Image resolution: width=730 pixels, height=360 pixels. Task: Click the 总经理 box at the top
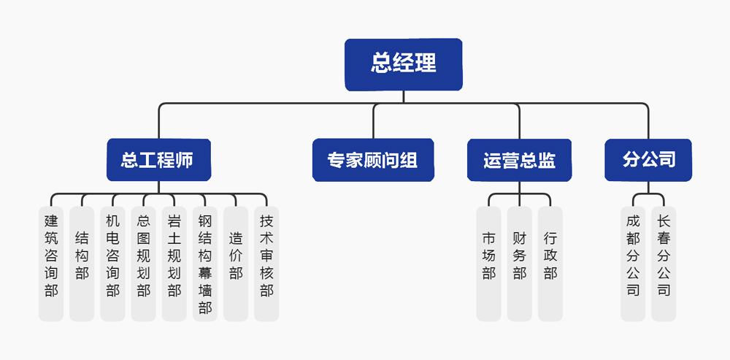click(403, 64)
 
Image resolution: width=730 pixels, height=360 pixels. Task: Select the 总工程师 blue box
click(158, 160)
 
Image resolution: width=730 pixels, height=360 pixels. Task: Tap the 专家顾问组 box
click(372, 160)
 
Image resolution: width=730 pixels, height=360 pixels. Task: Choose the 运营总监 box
click(519, 160)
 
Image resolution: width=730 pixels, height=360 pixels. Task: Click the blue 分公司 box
click(648, 160)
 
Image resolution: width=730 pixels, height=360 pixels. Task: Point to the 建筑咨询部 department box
click(51, 263)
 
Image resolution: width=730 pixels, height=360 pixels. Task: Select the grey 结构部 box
click(82, 263)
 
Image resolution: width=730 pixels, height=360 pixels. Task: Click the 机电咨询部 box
click(112, 263)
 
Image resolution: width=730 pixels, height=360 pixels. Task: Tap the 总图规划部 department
click(143, 263)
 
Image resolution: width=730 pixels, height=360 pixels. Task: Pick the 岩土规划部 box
click(174, 263)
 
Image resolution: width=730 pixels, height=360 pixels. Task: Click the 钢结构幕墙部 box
click(205, 263)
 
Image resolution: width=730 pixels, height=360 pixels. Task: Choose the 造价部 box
click(236, 263)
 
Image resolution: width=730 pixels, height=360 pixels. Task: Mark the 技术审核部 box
click(266, 263)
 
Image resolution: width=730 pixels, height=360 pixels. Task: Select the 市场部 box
click(488, 263)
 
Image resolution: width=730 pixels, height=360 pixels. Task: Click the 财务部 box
click(519, 263)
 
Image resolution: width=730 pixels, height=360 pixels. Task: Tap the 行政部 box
click(550, 263)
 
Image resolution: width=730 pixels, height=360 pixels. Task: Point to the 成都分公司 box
click(633, 263)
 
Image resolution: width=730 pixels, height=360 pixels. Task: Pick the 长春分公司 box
click(664, 263)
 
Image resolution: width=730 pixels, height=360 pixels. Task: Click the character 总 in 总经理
click(382, 64)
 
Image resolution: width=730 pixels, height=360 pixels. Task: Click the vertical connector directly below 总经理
click(403, 97)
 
